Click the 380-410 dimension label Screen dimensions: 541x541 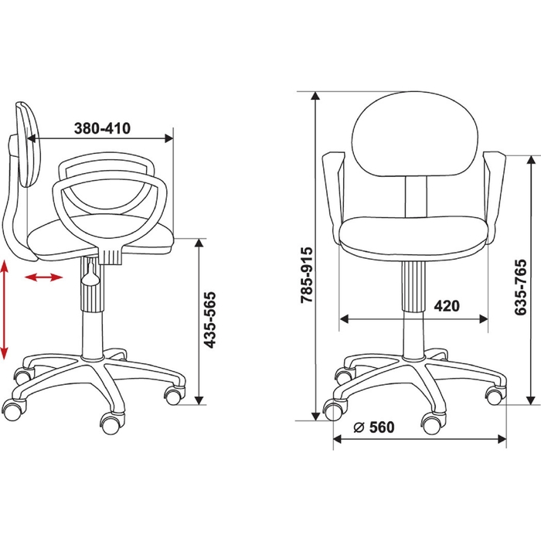pyautogui.click(x=103, y=128)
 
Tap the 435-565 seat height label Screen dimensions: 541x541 pyautogui.click(x=209, y=320)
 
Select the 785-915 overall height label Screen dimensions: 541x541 pyautogui.click(x=306, y=275)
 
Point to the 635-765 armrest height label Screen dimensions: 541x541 pyautogui.click(x=520, y=287)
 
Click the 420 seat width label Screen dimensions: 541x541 pyautogui.click(x=447, y=306)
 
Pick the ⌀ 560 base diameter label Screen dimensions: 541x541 pyautogui.click(x=374, y=427)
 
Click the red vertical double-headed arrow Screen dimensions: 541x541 pyautogui.click(x=4, y=309)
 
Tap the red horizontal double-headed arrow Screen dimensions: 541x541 pyautogui.click(x=44, y=277)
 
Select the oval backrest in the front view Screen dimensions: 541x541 pyautogui.click(x=415, y=134)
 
